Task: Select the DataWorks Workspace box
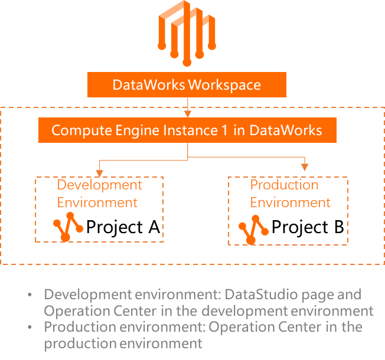coord(187,84)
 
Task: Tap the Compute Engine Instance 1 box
coord(187,130)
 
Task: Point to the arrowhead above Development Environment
coord(99,172)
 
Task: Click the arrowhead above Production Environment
coord(305,167)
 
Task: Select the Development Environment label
coord(99,194)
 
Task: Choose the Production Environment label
coord(290,194)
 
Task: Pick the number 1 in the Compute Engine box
coord(224,130)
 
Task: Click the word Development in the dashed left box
coord(99,185)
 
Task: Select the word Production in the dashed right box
coord(284,185)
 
